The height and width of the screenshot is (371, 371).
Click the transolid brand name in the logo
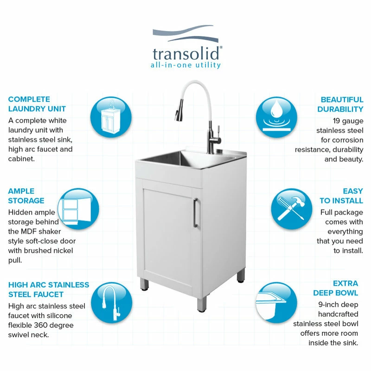[186, 54]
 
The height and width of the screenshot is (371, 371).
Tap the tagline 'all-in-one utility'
[186, 65]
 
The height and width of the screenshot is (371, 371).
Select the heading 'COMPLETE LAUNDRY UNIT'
[37, 104]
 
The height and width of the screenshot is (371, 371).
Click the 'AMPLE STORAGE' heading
[26, 196]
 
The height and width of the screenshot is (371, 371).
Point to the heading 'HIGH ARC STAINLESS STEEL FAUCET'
[49, 289]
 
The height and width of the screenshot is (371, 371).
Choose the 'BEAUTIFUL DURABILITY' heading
[340, 104]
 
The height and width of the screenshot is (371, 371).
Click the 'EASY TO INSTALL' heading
[341, 196]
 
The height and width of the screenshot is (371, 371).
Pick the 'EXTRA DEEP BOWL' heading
[335, 288]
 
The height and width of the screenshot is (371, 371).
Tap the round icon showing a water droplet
[276, 117]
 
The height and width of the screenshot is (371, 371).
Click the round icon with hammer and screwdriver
[292, 209]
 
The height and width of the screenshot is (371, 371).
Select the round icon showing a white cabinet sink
[111, 117]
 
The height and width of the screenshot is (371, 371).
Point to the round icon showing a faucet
[111, 303]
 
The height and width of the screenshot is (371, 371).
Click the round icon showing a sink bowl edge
[276, 303]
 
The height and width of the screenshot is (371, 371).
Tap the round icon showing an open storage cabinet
[78, 209]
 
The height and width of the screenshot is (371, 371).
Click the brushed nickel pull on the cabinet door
[195, 213]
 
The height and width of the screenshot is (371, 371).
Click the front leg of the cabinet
[201, 304]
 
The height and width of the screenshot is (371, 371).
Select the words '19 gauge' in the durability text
[348, 121]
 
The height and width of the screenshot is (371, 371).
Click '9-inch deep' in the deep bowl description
[339, 305]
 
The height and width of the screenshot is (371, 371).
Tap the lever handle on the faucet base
[218, 133]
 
